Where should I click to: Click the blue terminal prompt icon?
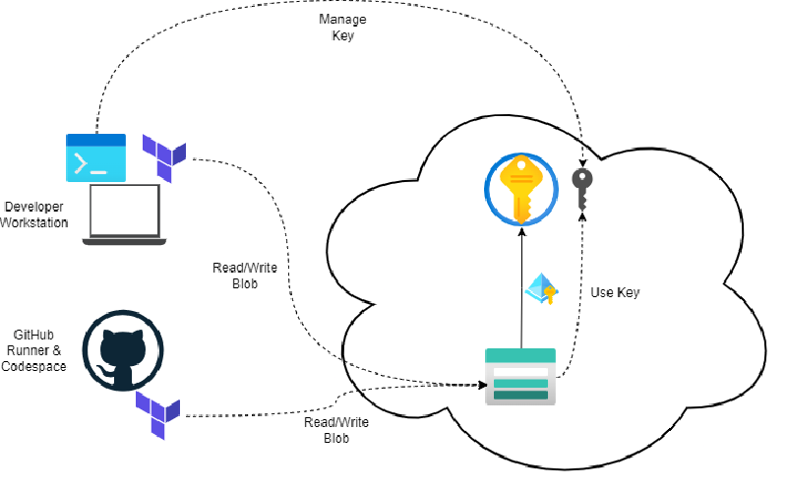[x=95, y=157]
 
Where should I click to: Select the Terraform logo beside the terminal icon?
[x=163, y=157]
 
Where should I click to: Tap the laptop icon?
[x=125, y=215]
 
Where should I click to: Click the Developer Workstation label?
[x=34, y=215]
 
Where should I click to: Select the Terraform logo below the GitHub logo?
[x=157, y=413]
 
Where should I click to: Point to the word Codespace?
[x=34, y=366]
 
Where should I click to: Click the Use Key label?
[x=616, y=292]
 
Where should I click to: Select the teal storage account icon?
[x=520, y=376]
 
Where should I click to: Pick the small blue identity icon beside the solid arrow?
[x=541, y=287]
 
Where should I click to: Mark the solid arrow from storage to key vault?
[x=520, y=285]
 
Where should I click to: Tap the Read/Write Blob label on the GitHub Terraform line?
[x=335, y=430]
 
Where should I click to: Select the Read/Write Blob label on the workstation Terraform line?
[x=237, y=275]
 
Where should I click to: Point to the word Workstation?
[x=34, y=222]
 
